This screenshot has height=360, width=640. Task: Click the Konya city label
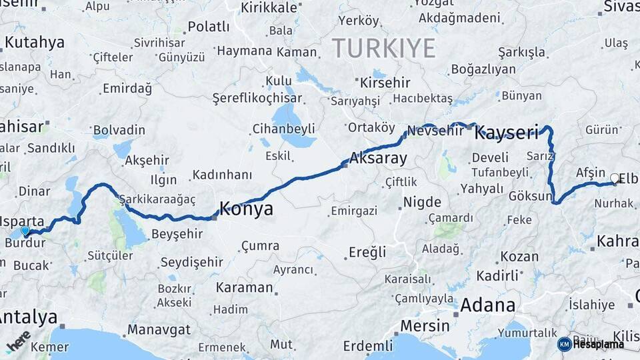pyautogui.click(x=246, y=209)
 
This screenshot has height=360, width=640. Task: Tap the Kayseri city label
pyautogui.click(x=506, y=133)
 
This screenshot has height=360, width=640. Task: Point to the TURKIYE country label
pyautogui.click(x=383, y=48)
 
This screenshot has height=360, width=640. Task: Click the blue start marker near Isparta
pyautogui.click(x=25, y=231)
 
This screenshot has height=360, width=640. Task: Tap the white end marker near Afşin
pyautogui.click(x=614, y=179)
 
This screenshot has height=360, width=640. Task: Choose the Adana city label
pyautogui.click(x=488, y=305)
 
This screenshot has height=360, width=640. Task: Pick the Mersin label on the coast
pyautogui.click(x=425, y=325)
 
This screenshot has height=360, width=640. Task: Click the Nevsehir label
pyautogui.click(x=435, y=131)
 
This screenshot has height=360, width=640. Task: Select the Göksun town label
pyautogui.click(x=531, y=197)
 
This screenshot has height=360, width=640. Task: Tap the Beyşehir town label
pyautogui.click(x=177, y=234)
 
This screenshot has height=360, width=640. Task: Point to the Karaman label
pyautogui.click(x=244, y=288)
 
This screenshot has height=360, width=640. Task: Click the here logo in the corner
pyautogui.click(x=18, y=340)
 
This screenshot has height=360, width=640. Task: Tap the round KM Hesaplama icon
pyautogui.click(x=564, y=344)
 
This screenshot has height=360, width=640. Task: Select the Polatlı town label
pyautogui.click(x=208, y=27)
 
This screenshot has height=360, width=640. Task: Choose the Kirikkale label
pyautogui.click(x=269, y=7)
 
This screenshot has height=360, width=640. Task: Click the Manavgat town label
pyautogui.click(x=159, y=329)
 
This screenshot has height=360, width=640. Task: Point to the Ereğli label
pyautogui.click(x=367, y=252)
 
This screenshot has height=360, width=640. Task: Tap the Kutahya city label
pyautogui.click(x=34, y=43)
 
